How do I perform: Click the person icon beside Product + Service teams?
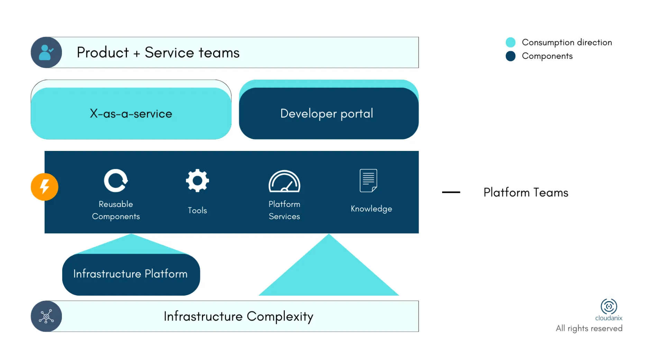(46, 52)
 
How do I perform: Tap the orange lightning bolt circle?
(44, 187)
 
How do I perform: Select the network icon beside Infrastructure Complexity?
(46, 316)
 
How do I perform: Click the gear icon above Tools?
(197, 180)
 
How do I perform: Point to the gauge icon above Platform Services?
(284, 181)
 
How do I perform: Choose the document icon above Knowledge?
(368, 180)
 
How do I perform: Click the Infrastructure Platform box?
(131, 274)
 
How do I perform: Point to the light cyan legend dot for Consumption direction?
(510, 42)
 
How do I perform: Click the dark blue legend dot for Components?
(510, 56)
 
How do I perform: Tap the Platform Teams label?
(526, 192)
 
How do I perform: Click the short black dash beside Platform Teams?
(451, 192)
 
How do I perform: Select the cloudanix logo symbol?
(609, 306)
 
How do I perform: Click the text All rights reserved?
(589, 328)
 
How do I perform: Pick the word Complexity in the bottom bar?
(280, 317)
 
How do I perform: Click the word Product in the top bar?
(103, 53)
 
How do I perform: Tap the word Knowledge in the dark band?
(371, 209)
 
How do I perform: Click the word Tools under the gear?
(197, 210)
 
